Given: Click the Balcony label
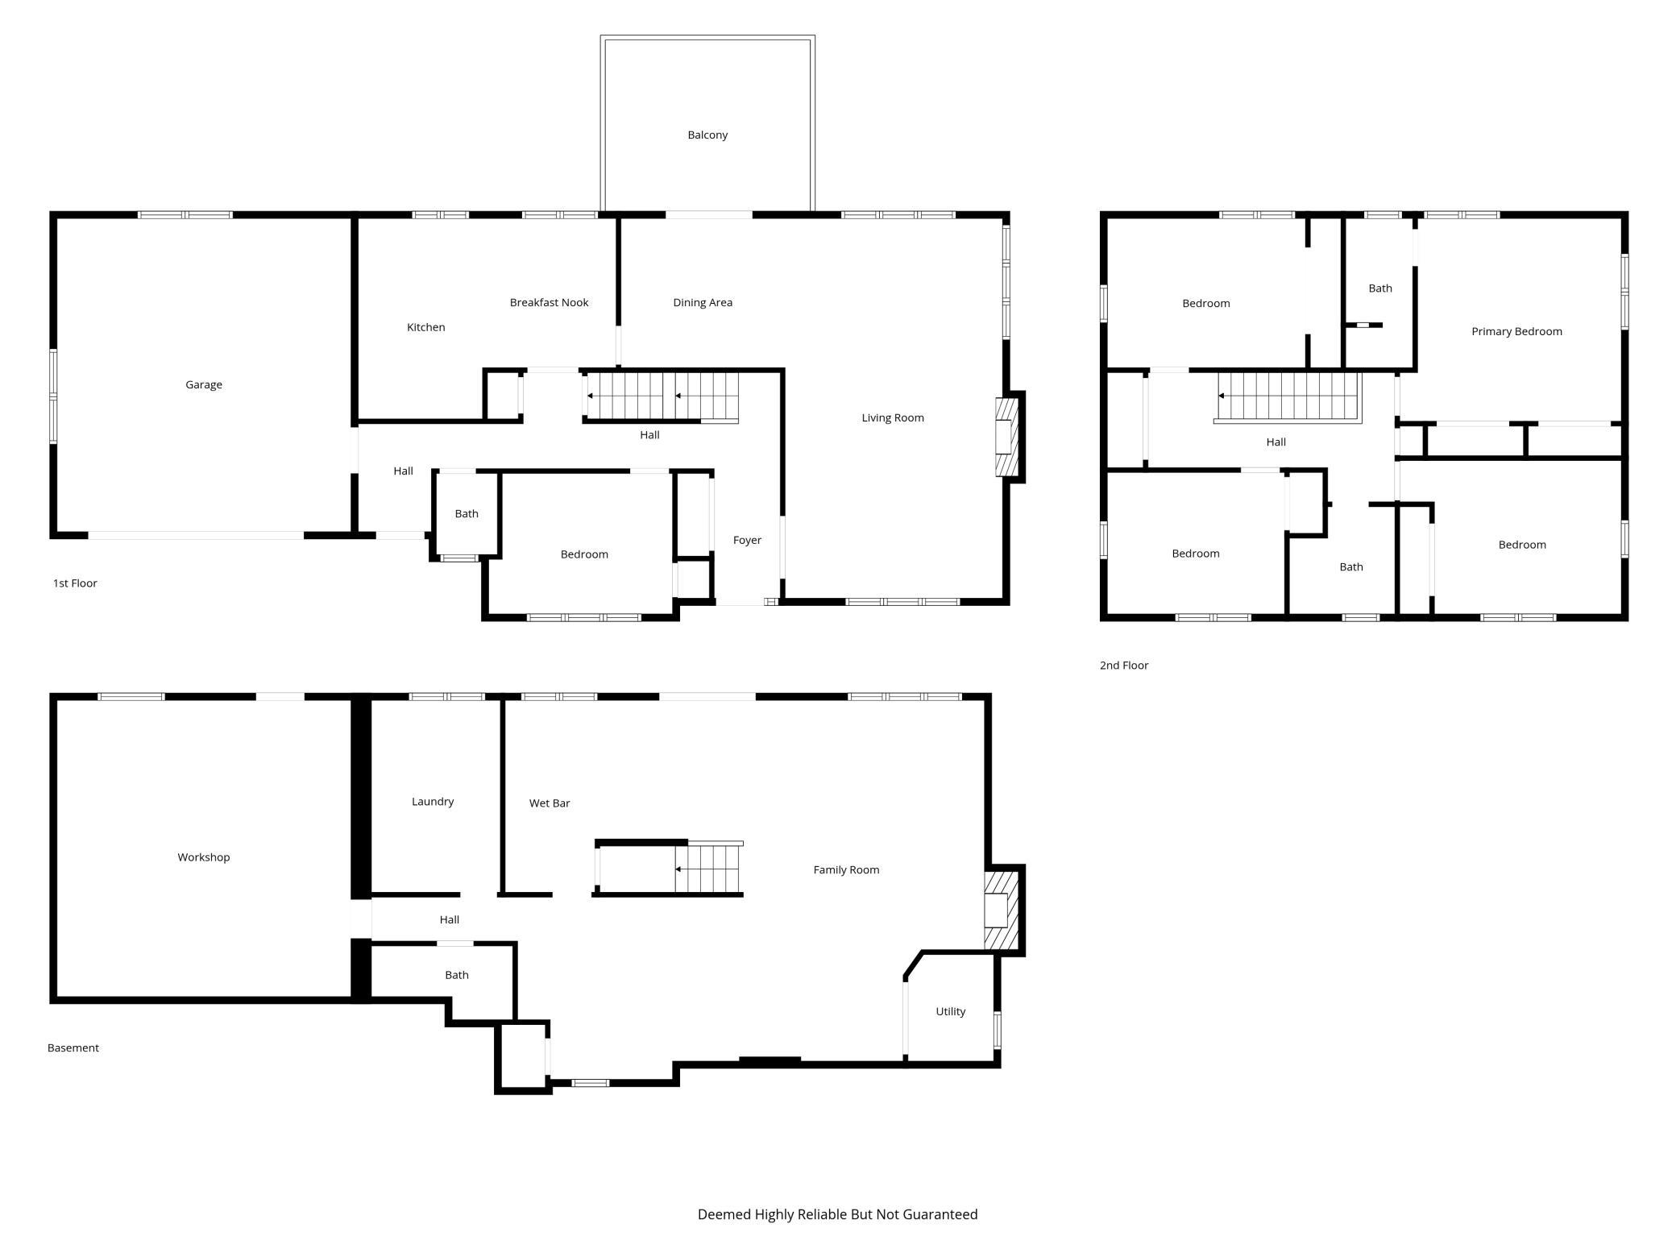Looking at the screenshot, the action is tap(707, 135).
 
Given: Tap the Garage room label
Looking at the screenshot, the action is tap(204, 385).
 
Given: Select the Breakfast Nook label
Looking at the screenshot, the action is tap(549, 303).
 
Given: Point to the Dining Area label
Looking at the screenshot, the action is tap(703, 303).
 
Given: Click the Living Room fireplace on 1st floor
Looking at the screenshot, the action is tap(1010, 437).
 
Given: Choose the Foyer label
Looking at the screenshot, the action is tap(747, 541).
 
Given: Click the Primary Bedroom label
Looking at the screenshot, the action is tap(1516, 332).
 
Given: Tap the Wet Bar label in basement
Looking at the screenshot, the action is tap(550, 803).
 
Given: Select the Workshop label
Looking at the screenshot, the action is tap(204, 857).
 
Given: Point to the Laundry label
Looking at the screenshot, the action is tap(433, 802).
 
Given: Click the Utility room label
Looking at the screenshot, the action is tap(951, 1012).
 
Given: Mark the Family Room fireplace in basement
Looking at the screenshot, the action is tap(1002, 910).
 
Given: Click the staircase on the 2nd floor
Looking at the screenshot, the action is tap(1288, 396).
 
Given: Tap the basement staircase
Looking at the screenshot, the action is tap(709, 869).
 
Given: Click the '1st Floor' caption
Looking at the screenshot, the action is tap(75, 583).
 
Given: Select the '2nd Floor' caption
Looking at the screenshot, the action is tap(1124, 666).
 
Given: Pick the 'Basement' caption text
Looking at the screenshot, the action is tap(73, 1048).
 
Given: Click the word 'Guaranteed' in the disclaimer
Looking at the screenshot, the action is tap(940, 1214).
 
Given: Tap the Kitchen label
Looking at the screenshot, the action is tap(425, 328).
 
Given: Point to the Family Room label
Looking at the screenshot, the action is tap(846, 870).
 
